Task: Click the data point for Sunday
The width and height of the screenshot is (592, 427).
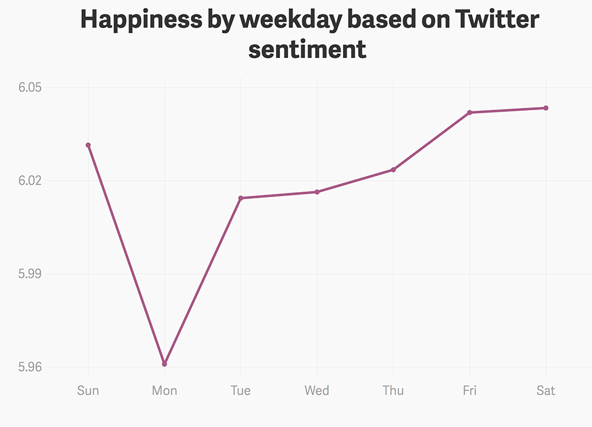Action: (x=88, y=145)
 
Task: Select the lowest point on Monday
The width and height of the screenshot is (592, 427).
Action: (x=165, y=364)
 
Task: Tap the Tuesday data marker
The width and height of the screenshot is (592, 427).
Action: (x=241, y=198)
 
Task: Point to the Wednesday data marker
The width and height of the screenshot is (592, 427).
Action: (x=317, y=192)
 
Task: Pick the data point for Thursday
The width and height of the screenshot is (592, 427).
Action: (x=393, y=169)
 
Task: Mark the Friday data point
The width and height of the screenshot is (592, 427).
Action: (x=470, y=113)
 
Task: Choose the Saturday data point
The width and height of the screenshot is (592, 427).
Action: (x=546, y=108)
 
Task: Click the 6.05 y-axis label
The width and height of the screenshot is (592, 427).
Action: (x=30, y=88)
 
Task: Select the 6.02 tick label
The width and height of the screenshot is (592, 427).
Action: (x=30, y=181)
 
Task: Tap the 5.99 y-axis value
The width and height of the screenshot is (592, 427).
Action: (x=30, y=274)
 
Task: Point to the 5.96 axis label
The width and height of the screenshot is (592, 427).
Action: (x=30, y=367)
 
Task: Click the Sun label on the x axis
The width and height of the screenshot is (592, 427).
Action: (x=88, y=390)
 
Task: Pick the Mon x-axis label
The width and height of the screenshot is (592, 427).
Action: (x=165, y=390)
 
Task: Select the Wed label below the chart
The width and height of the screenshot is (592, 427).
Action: (x=317, y=390)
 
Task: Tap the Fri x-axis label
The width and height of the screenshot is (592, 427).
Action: (x=470, y=390)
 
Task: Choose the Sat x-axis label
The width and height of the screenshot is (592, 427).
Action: (x=546, y=390)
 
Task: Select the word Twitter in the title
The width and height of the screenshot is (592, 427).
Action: (x=498, y=20)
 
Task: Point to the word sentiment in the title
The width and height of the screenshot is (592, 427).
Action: (x=307, y=49)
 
